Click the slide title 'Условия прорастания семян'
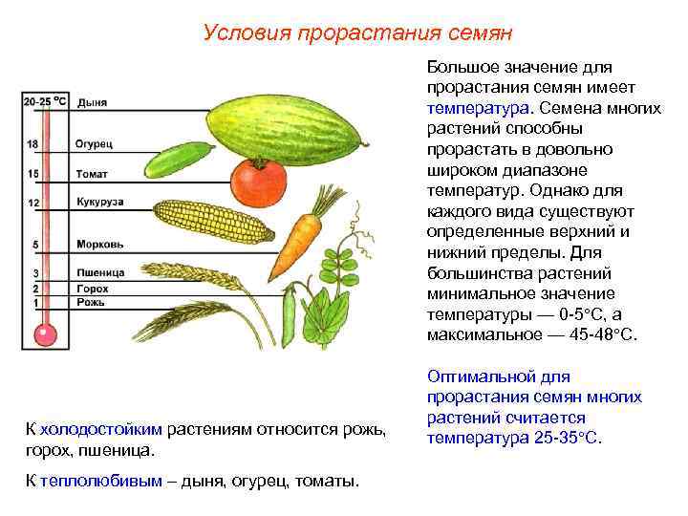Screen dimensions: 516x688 pyautogui.click(x=357, y=33)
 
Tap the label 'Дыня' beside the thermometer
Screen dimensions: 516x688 pyautogui.click(x=93, y=101)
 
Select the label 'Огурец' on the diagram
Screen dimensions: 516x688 pyautogui.click(x=94, y=143)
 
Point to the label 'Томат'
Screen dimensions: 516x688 pyautogui.click(x=92, y=174)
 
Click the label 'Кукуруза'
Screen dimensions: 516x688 pyautogui.click(x=98, y=203)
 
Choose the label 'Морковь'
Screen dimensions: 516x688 pyautogui.click(x=96, y=244)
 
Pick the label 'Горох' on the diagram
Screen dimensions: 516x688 pyautogui.click(x=92, y=288)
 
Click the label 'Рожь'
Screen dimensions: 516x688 pyautogui.click(x=90, y=303)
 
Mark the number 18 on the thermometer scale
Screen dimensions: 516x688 pyautogui.click(x=32, y=144)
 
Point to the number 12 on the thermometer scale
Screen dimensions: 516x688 pyautogui.click(x=32, y=204)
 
